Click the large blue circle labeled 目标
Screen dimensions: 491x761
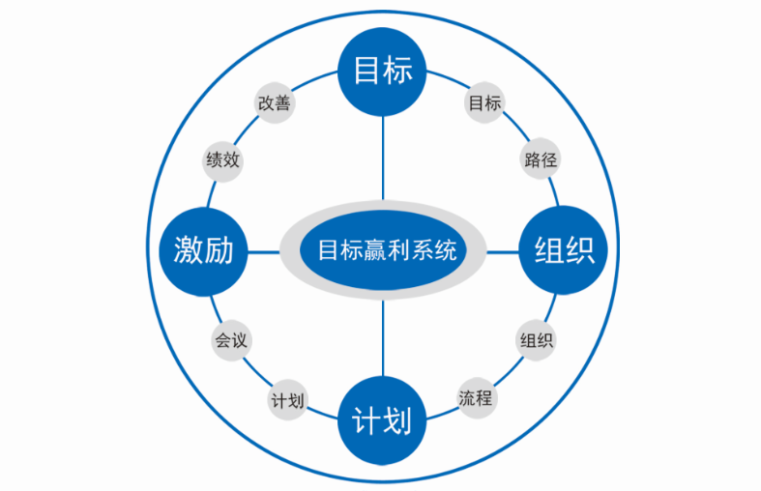pyautogui.click(x=383, y=71)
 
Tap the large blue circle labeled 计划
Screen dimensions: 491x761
pyautogui.click(x=382, y=422)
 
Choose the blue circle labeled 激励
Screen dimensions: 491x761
pyautogui.click(x=203, y=251)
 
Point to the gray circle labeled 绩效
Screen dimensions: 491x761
pyautogui.click(x=222, y=159)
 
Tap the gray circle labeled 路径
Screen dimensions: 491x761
pyautogui.click(x=541, y=159)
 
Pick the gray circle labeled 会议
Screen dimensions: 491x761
pyautogui.click(x=230, y=340)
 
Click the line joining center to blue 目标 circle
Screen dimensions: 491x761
pyautogui.click(x=383, y=159)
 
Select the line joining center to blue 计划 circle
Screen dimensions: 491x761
pyautogui.click(x=383, y=338)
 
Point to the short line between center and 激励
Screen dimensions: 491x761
pyautogui.click(x=264, y=251)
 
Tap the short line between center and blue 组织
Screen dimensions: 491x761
pyautogui.click(x=503, y=251)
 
